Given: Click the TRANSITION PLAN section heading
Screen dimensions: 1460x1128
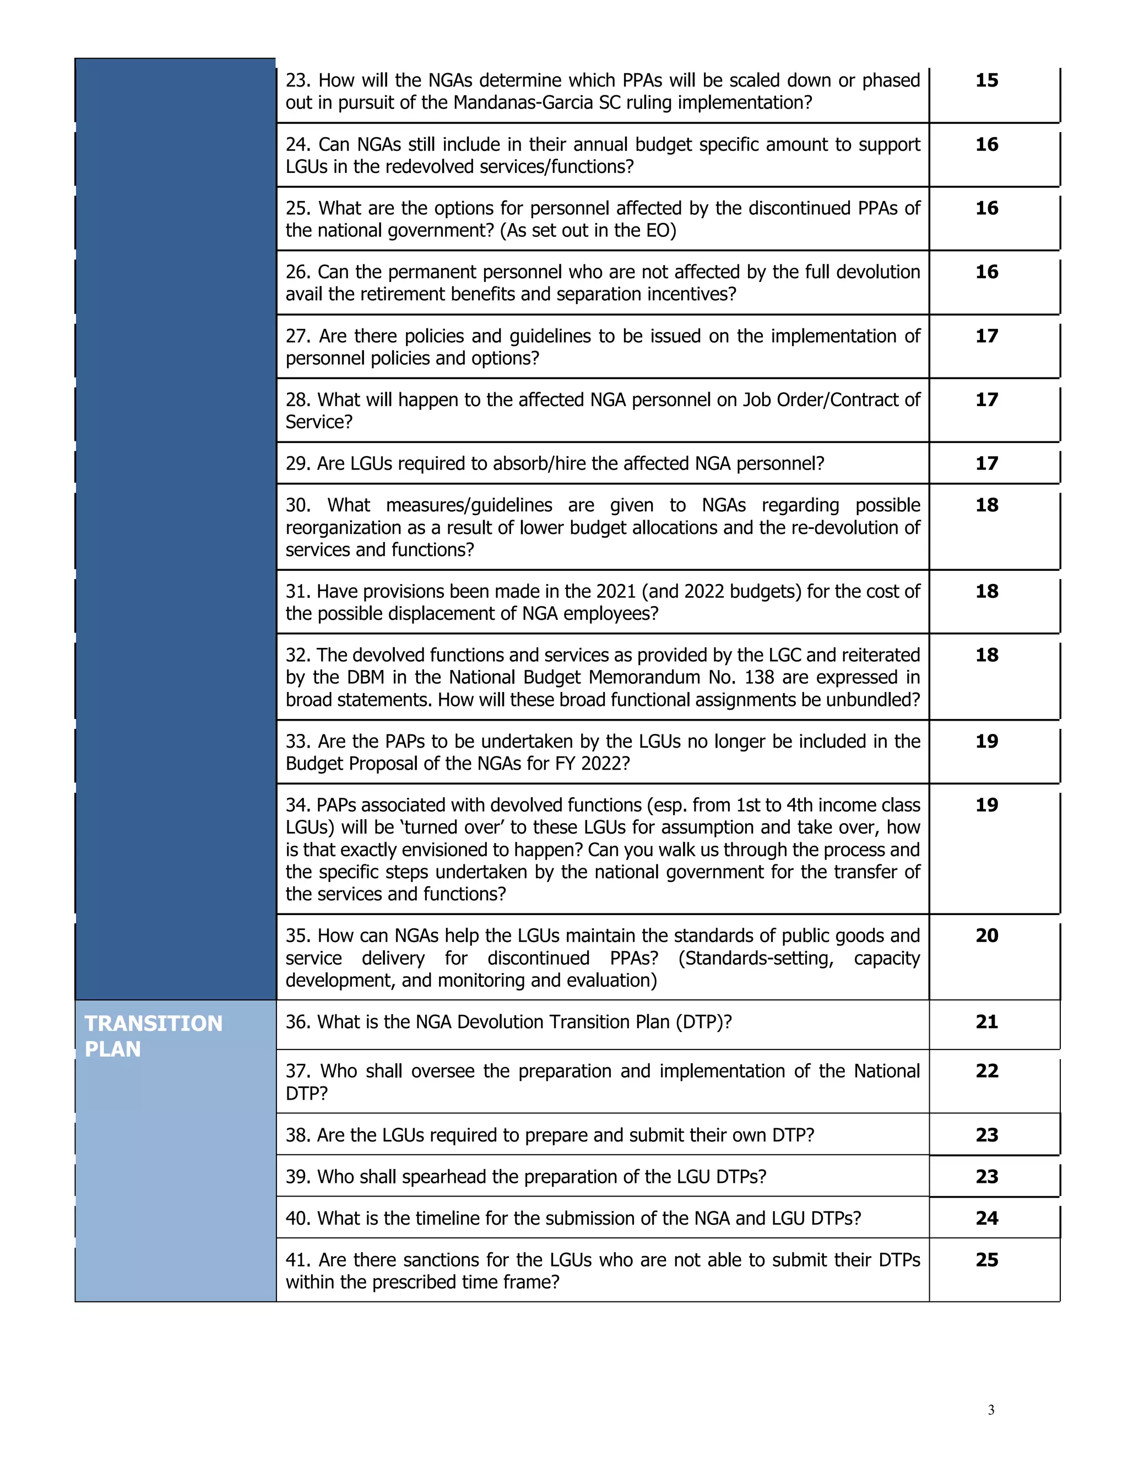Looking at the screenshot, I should pyautogui.click(x=153, y=1036).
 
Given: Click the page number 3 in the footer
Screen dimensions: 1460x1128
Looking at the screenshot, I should pyautogui.click(x=990, y=1410).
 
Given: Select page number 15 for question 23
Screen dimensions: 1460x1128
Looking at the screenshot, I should pyautogui.click(x=986, y=80).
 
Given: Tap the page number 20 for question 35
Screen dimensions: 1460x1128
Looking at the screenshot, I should pyautogui.click(x=986, y=936).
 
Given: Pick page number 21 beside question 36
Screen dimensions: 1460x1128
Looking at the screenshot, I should pyautogui.click(x=986, y=1021).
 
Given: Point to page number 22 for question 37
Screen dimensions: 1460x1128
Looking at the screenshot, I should pyautogui.click(x=986, y=1071).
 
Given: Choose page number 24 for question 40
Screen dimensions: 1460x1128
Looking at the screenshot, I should pyautogui.click(x=986, y=1218).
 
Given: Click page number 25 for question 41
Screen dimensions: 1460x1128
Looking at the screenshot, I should pyautogui.click(x=986, y=1259).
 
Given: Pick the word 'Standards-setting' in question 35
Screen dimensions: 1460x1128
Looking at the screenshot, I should pyautogui.click(x=756, y=958).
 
